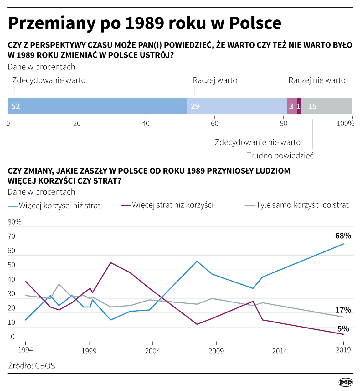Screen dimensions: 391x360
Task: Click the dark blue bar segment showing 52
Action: coord(97,106)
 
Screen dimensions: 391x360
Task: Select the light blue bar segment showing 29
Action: coord(237,106)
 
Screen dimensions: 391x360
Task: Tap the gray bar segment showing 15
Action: coord(326,106)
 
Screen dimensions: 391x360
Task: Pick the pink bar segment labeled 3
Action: coord(292,106)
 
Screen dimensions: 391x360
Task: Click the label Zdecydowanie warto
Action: coord(49,80)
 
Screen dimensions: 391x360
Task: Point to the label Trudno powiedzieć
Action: coord(280,155)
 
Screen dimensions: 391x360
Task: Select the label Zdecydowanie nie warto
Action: coord(257,142)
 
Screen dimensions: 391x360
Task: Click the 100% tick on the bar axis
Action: coord(345,124)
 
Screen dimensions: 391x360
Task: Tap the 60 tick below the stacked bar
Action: coord(214,124)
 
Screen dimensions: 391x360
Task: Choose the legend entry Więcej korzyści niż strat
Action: coord(59,206)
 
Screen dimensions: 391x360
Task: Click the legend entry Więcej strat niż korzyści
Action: coord(172,205)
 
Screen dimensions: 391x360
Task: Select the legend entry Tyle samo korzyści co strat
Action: coord(302,205)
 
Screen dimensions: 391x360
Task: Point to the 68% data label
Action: coord(343,236)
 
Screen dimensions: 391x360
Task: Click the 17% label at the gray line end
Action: coord(343,310)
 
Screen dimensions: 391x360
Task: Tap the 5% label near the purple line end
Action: coord(343,329)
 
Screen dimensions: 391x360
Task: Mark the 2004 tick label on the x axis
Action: coord(152,351)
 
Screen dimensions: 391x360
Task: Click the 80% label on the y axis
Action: coord(14,222)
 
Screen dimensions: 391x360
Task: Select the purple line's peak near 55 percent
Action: coord(111,263)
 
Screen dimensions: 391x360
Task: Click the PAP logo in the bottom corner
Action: coord(346,382)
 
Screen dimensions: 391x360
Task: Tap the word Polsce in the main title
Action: coord(255,23)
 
